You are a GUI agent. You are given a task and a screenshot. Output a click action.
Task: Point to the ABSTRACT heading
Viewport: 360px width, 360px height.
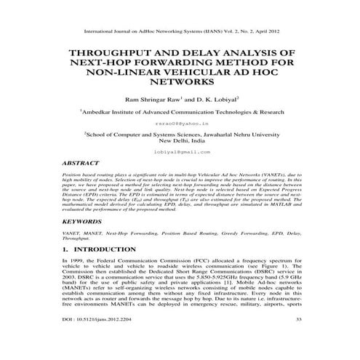click(81, 164)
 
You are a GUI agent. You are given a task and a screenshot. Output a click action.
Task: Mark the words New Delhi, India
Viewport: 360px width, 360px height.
click(180, 140)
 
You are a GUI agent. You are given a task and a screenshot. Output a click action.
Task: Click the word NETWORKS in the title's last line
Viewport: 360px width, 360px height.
click(180, 84)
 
